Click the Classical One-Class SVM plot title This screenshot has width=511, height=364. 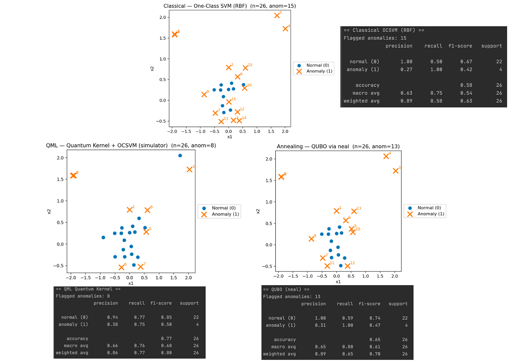point(230,6)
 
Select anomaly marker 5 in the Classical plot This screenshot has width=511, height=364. point(277,16)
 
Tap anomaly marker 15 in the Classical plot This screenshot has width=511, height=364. point(245,68)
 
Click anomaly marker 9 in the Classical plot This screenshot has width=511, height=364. point(204,94)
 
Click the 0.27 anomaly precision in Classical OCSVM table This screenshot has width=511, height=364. point(406,70)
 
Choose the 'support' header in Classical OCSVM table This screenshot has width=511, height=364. point(491,46)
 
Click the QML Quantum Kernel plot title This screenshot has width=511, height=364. point(131,146)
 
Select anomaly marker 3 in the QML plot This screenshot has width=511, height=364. point(189,170)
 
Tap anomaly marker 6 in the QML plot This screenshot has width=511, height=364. point(121,267)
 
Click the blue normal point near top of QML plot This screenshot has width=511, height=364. point(180,156)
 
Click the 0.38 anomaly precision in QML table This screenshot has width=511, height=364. point(112,324)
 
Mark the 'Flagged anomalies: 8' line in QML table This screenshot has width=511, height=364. point(83,296)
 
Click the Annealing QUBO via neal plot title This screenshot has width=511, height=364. point(338,147)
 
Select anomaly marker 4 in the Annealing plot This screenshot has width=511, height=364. point(386,156)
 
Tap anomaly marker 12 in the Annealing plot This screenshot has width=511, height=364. point(347,266)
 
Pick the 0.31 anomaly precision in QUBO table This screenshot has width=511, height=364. point(320,325)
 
